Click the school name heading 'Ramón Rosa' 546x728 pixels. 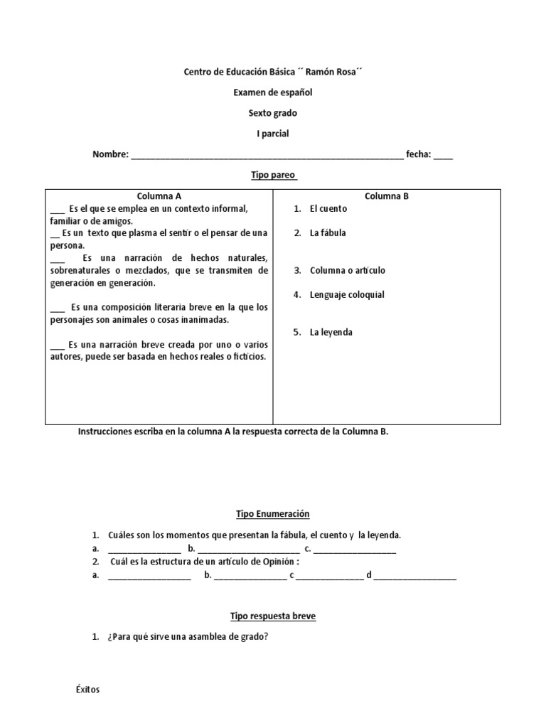[x=273, y=72]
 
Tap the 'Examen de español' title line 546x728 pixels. [x=273, y=92]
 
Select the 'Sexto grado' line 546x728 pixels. [x=273, y=113]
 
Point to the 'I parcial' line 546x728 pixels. [x=273, y=134]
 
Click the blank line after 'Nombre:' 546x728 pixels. [x=267, y=155]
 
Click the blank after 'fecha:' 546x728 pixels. [x=443, y=155]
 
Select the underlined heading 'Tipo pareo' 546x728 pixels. [x=273, y=175]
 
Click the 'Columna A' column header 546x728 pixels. [x=159, y=196]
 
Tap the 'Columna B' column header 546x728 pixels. [x=387, y=196]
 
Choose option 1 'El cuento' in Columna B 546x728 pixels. [x=328, y=209]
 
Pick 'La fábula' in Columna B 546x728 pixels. [x=327, y=232]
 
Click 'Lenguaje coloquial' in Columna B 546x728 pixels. [x=346, y=294]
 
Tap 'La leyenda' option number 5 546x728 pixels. [x=331, y=332]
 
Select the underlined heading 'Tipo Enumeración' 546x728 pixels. [x=273, y=513]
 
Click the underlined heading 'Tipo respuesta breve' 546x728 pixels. [x=273, y=616]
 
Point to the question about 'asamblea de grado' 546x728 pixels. [x=187, y=637]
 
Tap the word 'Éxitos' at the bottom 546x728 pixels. [x=87, y=690]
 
